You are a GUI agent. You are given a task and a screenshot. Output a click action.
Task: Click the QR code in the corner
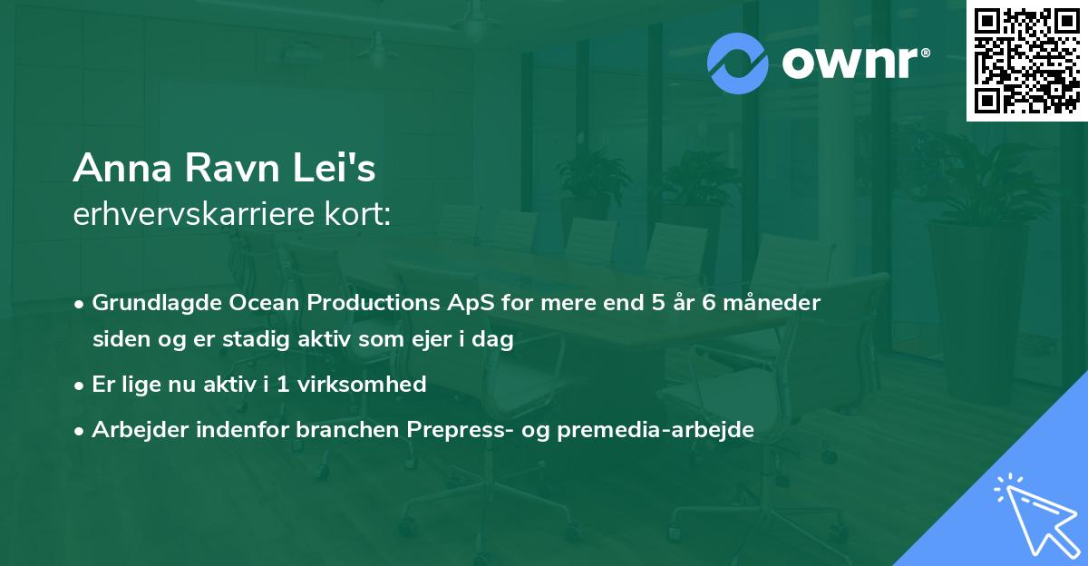pyautogui.click(x=1026, y=61)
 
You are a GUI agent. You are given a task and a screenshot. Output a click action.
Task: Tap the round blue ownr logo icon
pyautogui.click(x=738, y=63)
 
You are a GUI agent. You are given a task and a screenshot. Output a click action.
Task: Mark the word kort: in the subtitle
pyautogui.click(x=364, y=214)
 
